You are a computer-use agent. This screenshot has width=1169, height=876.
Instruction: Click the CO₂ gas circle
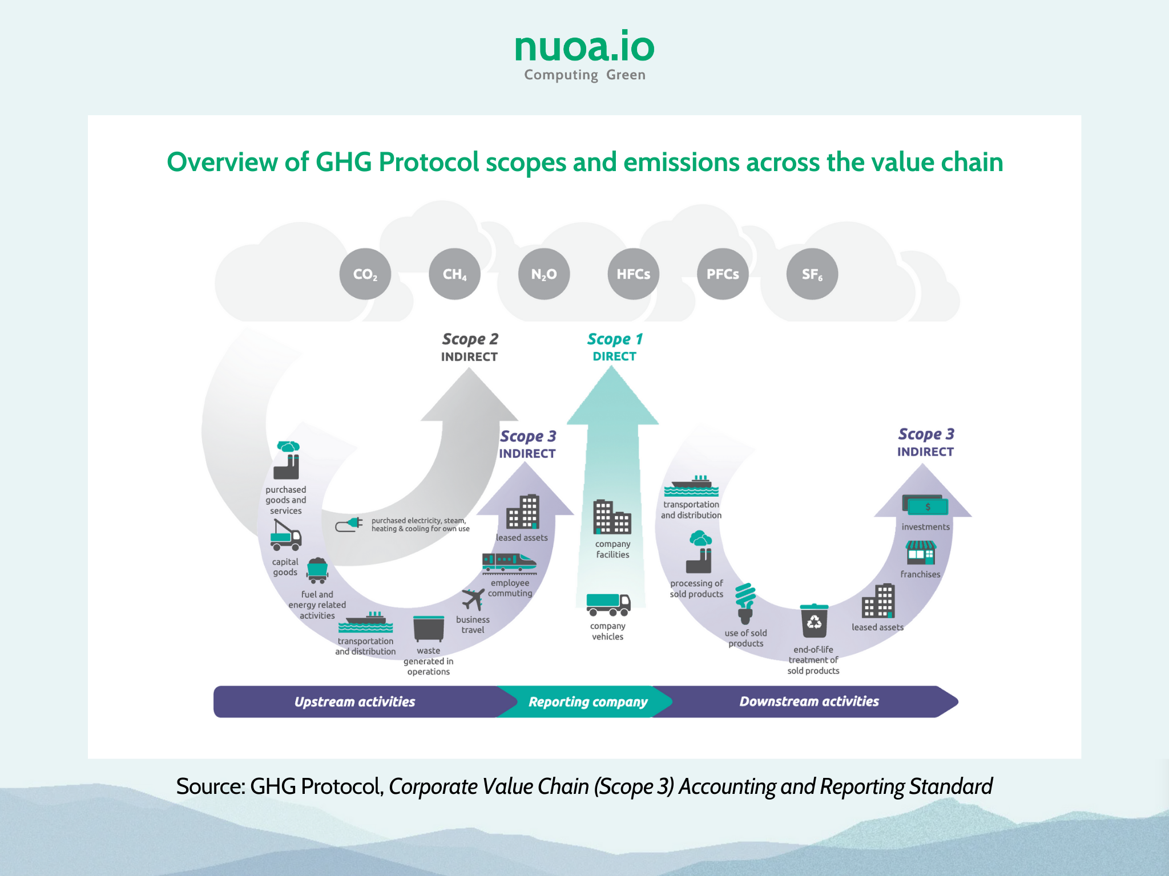(365, 274)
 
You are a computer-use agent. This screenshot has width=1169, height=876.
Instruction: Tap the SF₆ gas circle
(812, 274)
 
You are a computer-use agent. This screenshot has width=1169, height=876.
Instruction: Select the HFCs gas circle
(634, 274)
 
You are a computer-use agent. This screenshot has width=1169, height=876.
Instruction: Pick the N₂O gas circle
(544, 274)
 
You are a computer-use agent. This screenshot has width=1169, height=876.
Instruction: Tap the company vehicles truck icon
(608, 605)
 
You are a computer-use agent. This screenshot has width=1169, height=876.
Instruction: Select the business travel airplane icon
(473, 599)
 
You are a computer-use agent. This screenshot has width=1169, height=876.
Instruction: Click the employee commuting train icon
(509, 563)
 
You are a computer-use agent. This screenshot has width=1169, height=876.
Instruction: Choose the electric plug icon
(349, 524)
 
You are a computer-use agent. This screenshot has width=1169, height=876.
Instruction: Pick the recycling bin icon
(814, 620)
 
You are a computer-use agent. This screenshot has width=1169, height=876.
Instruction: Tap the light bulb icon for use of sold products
(745, 603)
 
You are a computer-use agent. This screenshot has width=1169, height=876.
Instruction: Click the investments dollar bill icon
(925, 505)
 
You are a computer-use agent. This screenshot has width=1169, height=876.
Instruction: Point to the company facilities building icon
(612, 517)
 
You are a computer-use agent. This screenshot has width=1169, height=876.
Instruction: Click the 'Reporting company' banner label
(588, 702)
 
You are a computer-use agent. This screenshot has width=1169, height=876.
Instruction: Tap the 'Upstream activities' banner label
(354, 702)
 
